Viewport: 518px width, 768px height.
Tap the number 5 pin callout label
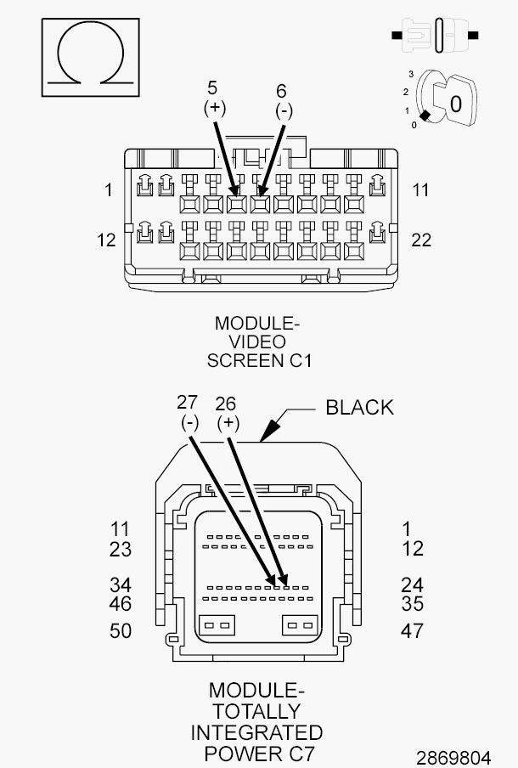[x=212, y=88]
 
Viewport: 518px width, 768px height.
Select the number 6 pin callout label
[x=281, y=91]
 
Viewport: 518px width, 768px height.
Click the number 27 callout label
[x=187, y=403]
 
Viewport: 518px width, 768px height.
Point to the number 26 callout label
[x=226, y=404]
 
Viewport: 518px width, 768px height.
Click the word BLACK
[x=360, y=408]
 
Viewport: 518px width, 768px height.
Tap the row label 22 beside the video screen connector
[x=421, y=240]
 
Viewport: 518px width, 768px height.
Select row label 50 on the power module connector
[x=121, y=631]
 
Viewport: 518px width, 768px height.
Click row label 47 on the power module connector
[x=412, y=631]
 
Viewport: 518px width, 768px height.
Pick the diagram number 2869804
[x=453, y=757]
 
